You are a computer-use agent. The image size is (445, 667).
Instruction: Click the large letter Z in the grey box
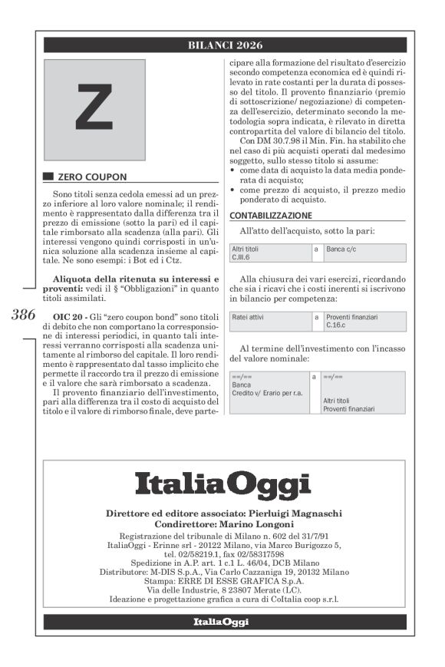(x=94, y=107)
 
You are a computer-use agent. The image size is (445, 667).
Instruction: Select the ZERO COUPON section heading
(x=84, y=176)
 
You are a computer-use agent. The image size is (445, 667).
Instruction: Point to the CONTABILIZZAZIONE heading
(x=271, y=216)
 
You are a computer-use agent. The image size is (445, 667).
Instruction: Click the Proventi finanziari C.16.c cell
(x=364, y=320)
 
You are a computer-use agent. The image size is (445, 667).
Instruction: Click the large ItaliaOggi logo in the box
(x=223, y=486)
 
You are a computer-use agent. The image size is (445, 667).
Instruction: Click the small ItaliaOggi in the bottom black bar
(x=222, y=622)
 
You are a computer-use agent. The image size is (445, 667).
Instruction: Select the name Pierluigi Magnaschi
(x=292, y=513)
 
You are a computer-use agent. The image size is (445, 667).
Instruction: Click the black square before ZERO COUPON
(x=49, y=176)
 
